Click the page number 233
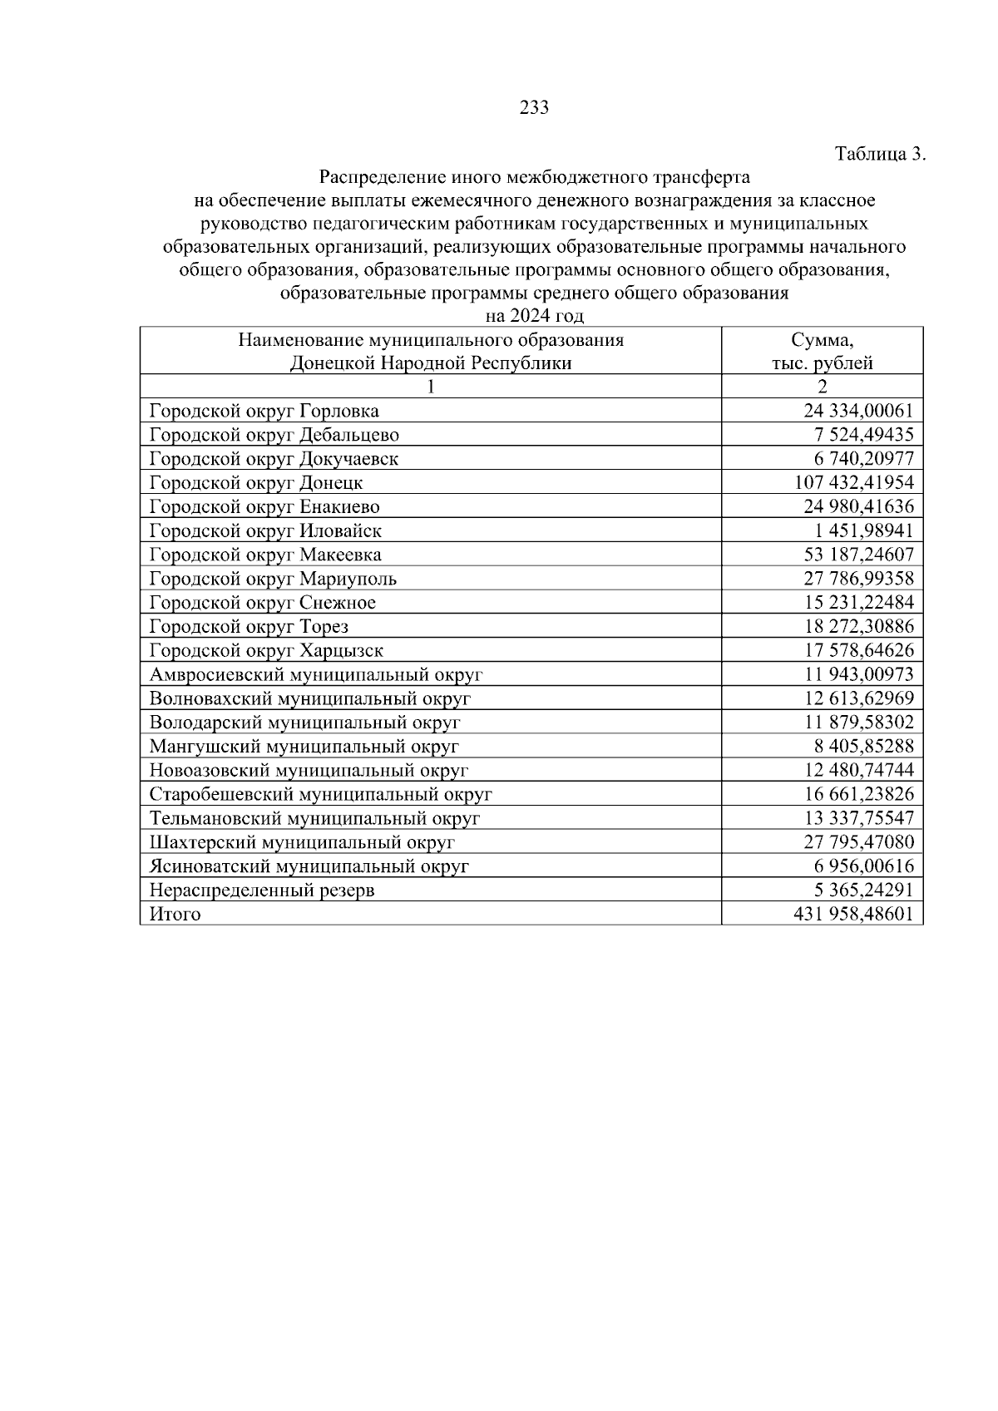click(533, 107)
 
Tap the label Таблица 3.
click(879, 154)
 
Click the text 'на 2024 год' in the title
click(534, 316)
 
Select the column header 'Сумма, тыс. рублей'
click(822, 351)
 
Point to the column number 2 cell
click(822, 387)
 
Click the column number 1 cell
click(430, 387)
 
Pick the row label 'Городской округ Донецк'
click(256, 483)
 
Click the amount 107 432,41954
click(854, 483)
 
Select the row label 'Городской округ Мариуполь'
click(273, 579)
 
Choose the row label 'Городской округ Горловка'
click(264, 411)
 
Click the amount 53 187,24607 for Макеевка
click(858, 555)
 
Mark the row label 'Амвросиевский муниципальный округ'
click(315, 675)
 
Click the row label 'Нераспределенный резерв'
click(261, 891)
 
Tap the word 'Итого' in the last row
click(175, 915)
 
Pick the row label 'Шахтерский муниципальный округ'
click(302, 842)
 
